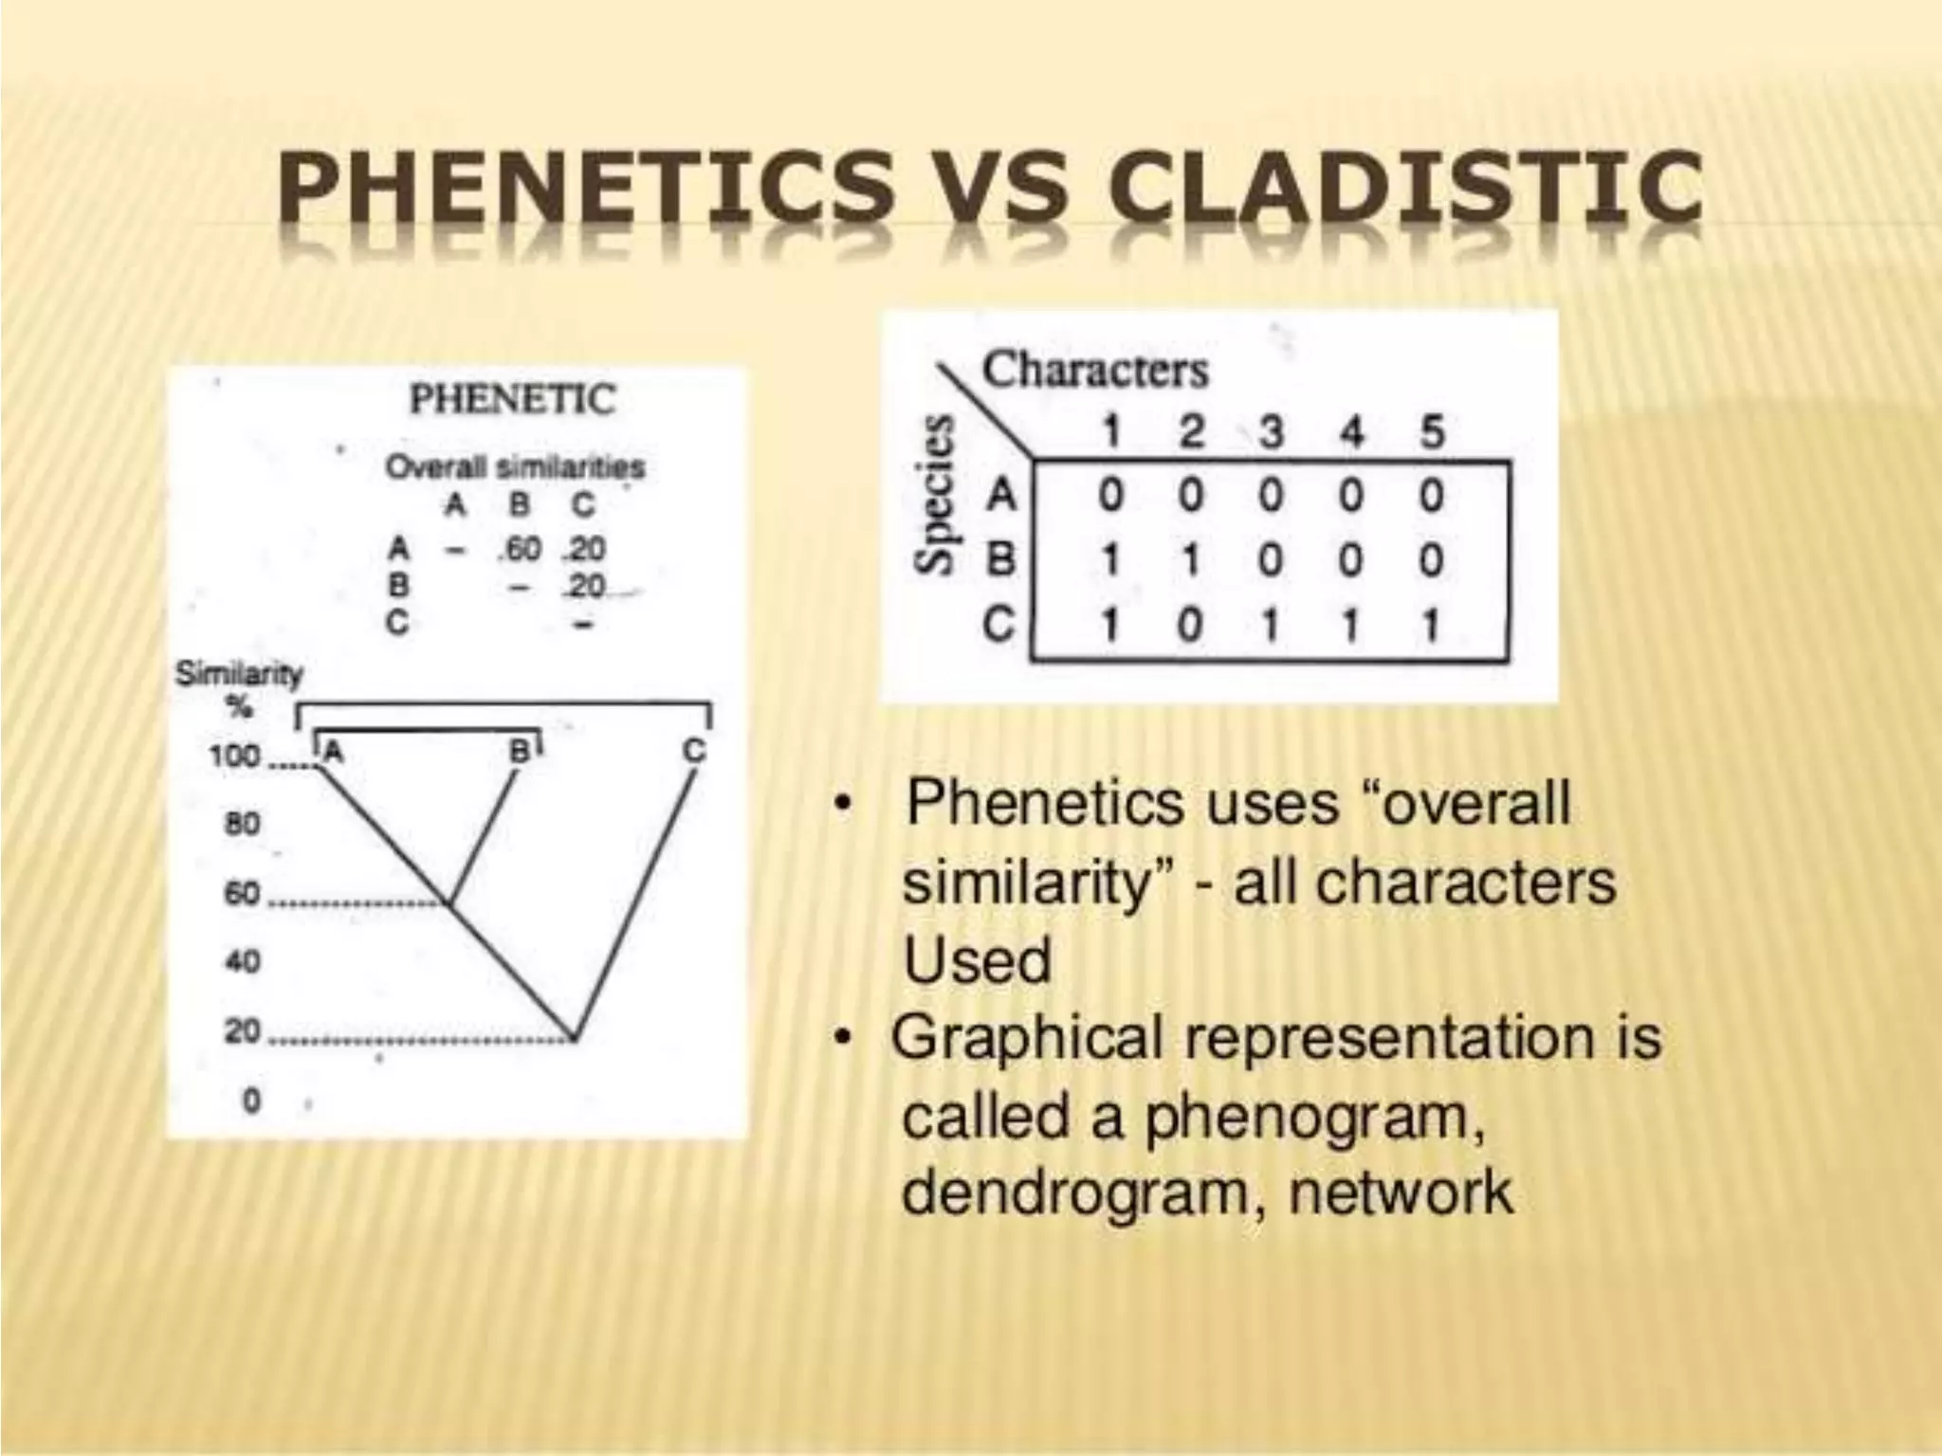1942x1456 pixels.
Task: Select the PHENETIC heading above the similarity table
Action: coord(513,399)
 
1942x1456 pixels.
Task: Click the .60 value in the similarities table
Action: coord(520,549)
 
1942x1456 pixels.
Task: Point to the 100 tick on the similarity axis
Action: coord(234,756)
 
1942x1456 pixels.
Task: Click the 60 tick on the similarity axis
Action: coord(242,893)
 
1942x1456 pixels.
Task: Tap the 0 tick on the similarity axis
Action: coord(251,1101)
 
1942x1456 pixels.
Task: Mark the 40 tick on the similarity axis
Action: coord(242,961)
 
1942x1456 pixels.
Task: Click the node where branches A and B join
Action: coord(450,903)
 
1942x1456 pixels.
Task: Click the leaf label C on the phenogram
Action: coord(695,752)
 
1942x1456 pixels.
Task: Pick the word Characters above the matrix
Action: coord(1095,370)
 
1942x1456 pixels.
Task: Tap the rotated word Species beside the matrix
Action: coord(935,495)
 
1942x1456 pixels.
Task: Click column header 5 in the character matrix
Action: coord(1432,432)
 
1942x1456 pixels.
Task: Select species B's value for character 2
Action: coord(1191,561)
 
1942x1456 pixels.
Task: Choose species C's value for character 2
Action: coord(1191,626)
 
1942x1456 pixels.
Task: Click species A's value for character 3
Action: coord(1271,496)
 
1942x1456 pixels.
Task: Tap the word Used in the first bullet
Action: coord(978,960)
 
